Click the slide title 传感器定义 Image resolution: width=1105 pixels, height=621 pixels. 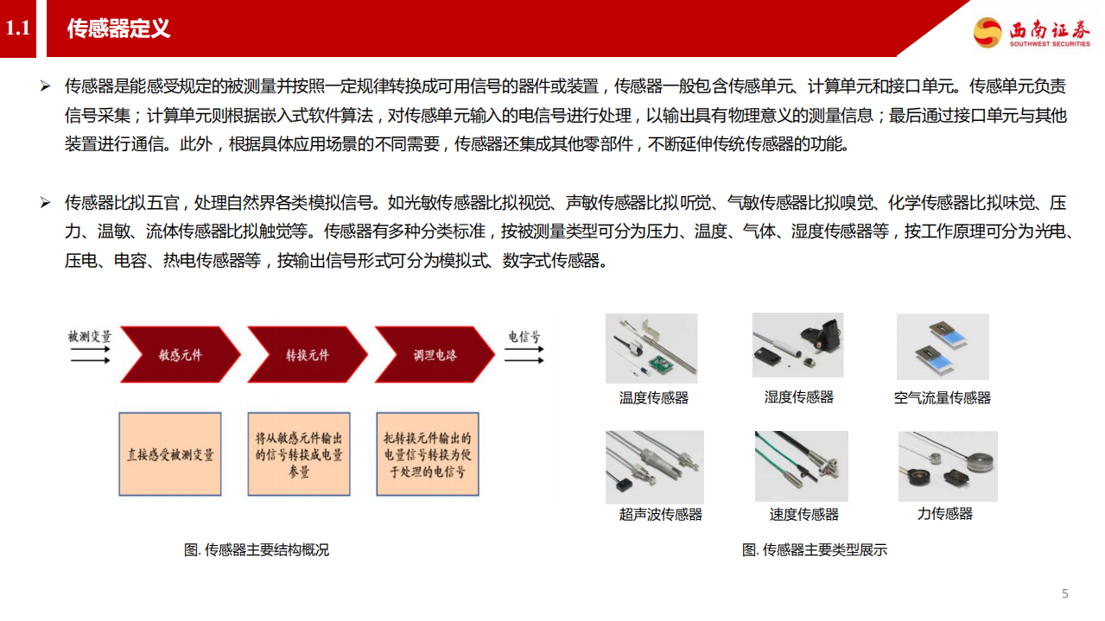pyautogui.click(x=118, y=29)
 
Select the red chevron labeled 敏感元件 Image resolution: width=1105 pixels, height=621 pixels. pyautogui.click(x=180, y=355)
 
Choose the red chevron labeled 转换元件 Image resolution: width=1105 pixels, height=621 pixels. pyautogui.click(x=307, y=355)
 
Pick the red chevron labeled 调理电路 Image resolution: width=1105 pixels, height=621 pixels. pyautogui.click(x=435, y=355)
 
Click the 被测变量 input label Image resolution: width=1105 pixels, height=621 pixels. pyautogui.click(x=90, y=336)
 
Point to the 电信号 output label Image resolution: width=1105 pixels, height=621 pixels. pyautogui.click(x=524, y=336)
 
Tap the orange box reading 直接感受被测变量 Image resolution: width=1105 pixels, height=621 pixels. pyautogui.click(x=169, y=454)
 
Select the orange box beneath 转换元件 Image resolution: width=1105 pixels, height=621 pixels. pyautogui.click(x=298, y=454)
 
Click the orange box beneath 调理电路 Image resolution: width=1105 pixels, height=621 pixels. pyautogui.click(x=427, y=454)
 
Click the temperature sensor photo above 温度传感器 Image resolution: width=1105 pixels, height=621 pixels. pyautogui.click(x=651, y=348)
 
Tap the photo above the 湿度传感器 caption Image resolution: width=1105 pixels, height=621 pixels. pyautogui.click(x=797, y=345)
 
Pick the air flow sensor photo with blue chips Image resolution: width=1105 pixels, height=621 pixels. pyautogui.click(x=943, y=347)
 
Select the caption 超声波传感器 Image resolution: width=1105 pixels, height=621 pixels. pyautogui.click(x=660, y=515)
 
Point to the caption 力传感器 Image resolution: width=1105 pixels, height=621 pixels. pyautogui.click(x=944, y=514)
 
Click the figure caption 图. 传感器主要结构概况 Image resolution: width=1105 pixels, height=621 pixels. pyautogui.click(x=257, y=550)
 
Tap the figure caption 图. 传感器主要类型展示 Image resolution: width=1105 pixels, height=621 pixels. pyautogui.click(x=815, y=550)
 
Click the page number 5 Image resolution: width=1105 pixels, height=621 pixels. pyautogui.click(x=1065, y=593)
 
